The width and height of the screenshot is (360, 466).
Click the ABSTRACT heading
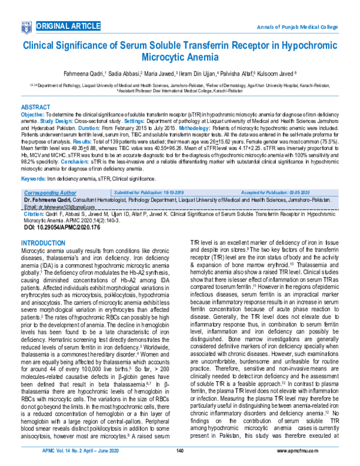pos(37,105)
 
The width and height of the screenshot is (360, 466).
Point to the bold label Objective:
pos(32,113)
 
